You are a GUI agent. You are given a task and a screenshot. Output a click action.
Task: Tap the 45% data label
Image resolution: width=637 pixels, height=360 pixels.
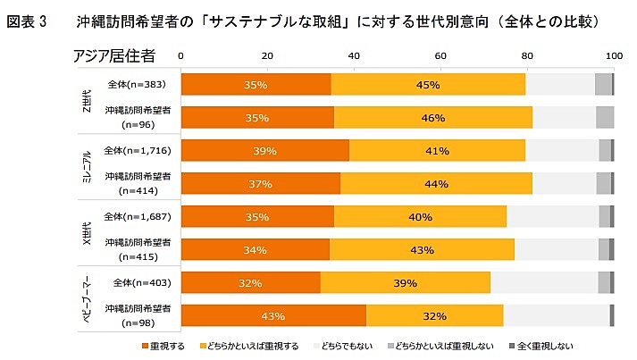(x=427, y=85)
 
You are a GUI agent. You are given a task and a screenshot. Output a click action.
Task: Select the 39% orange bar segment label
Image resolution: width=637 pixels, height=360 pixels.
(x=264, y=151)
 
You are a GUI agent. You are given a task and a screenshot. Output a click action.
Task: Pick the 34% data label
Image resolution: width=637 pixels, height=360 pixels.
(x=255, y=250)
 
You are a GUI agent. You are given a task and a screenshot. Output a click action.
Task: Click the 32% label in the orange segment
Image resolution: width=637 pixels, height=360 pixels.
(x=250, y=283)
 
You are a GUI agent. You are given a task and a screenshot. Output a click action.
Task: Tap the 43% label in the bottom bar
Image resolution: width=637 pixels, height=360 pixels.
(x=272, y=316)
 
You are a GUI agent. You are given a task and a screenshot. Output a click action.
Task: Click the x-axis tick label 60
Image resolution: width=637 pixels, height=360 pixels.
(x=440, y=56)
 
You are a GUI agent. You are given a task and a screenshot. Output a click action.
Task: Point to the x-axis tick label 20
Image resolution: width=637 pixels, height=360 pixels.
(x=267, y=56)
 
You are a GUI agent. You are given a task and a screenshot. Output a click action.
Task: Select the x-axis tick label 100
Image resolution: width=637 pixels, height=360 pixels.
(x=614, y=56)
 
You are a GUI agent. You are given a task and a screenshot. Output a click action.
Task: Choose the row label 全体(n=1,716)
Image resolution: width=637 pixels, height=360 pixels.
(x=132, y=150)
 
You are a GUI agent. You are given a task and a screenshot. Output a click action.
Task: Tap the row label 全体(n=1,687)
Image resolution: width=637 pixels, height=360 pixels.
(x=132, y=216)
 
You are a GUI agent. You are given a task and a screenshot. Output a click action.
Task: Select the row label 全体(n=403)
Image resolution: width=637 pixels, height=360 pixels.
(x=137, y=282)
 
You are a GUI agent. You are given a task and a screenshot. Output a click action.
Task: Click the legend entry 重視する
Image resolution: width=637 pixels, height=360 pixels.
(x=167, y=346)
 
